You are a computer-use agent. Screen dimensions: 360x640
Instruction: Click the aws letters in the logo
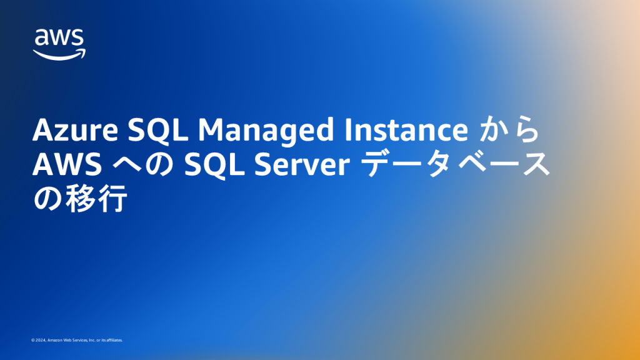59,39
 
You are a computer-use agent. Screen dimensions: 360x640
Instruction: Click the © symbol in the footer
32,341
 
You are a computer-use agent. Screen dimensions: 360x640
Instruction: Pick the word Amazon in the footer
54,341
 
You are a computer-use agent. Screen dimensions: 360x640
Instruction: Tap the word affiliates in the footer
114,341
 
